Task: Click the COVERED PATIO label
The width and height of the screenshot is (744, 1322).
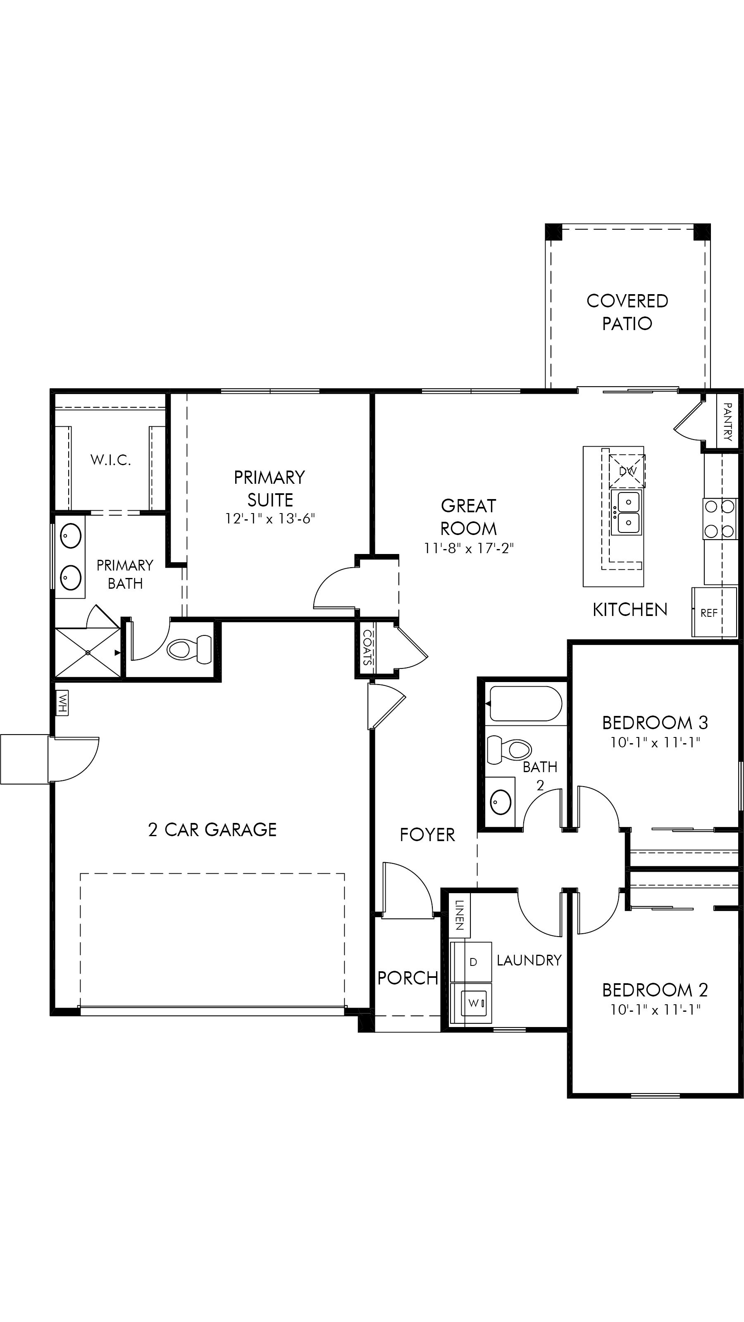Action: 627,312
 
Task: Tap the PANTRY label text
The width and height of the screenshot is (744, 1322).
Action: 727,422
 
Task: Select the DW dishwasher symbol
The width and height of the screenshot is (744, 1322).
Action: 627,471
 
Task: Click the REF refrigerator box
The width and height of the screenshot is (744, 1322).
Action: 709,613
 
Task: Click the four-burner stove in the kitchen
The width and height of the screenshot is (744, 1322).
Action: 719,519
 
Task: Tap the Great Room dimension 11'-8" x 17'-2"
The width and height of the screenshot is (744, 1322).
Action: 468,549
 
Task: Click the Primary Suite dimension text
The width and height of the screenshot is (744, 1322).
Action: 269,518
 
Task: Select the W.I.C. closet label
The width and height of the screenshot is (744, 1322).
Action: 110,460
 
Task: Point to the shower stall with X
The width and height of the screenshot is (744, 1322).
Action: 88,652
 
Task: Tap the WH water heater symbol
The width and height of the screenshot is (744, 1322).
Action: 62,703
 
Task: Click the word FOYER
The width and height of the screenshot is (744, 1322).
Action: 427,835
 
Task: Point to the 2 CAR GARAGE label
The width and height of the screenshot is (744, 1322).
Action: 212,830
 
